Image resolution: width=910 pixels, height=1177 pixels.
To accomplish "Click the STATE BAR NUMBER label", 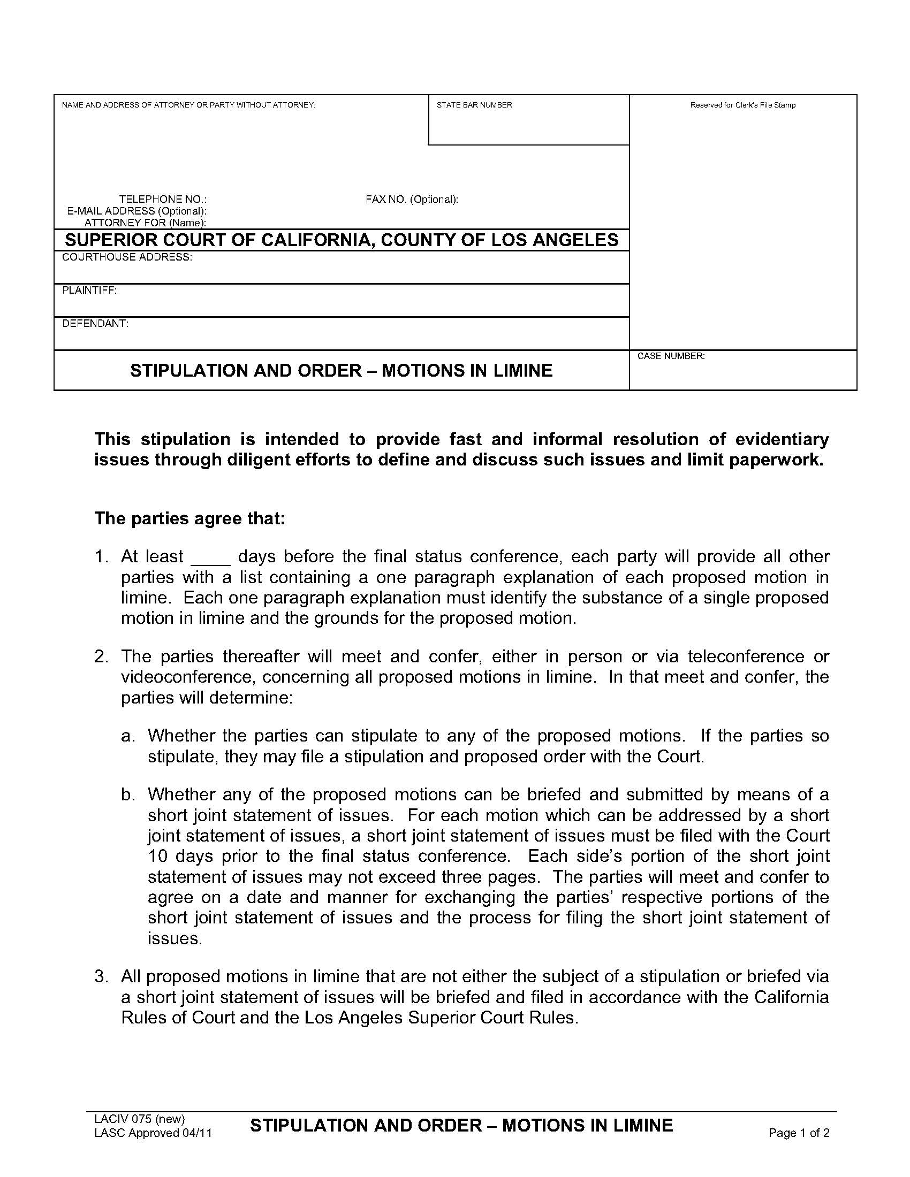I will [474, 105].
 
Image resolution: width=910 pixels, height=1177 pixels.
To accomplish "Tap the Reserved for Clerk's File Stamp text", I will [742, 105].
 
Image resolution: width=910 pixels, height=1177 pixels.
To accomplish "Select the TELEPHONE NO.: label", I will [163, 200].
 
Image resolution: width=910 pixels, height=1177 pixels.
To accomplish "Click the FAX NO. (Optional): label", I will [412, 200].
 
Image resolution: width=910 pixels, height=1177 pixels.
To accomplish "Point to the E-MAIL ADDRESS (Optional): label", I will [137, 211].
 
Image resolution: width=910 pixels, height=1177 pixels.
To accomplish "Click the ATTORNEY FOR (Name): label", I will [146, 223].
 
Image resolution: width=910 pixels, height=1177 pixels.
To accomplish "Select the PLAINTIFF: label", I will [89, 291].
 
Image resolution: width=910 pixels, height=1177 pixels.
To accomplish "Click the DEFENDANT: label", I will [95, 324].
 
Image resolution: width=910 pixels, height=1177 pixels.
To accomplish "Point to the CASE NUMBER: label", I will [671, 356].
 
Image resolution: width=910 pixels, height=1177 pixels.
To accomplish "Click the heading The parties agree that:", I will [190, 518].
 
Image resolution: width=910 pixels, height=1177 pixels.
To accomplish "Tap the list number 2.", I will [101, 657].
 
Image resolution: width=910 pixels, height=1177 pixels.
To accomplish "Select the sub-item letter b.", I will [127, 794].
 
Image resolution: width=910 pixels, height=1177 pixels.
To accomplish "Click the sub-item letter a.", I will [127, 736].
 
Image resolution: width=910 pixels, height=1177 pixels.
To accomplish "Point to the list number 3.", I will [101, 976].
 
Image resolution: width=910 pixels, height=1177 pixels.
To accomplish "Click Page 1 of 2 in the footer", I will [799, 1133].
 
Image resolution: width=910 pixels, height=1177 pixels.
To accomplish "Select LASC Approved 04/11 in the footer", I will [153, 1133].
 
